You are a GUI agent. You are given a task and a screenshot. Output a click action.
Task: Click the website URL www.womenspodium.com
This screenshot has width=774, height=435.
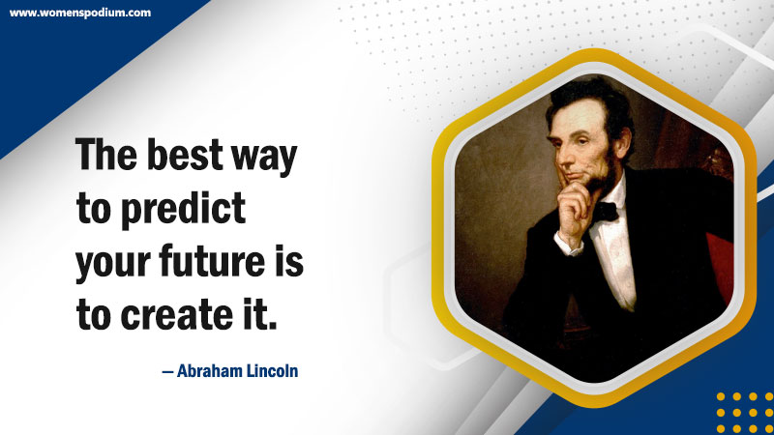point(80,13)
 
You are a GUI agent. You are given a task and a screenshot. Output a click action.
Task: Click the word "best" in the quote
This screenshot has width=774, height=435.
point(185,155)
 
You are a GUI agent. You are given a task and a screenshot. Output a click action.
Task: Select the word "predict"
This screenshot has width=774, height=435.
point(183,210)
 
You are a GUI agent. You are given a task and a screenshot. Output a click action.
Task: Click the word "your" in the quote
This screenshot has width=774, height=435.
point(112,265)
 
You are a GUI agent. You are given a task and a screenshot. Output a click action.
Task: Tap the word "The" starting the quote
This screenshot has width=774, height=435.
point(106,154)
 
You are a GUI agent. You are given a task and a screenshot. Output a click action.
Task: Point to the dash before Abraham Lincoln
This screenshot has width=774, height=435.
point(167,372)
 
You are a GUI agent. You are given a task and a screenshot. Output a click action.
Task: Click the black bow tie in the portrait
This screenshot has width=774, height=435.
point(606,212)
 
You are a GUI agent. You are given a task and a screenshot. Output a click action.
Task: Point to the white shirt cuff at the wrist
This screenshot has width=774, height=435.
point(568,245)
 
